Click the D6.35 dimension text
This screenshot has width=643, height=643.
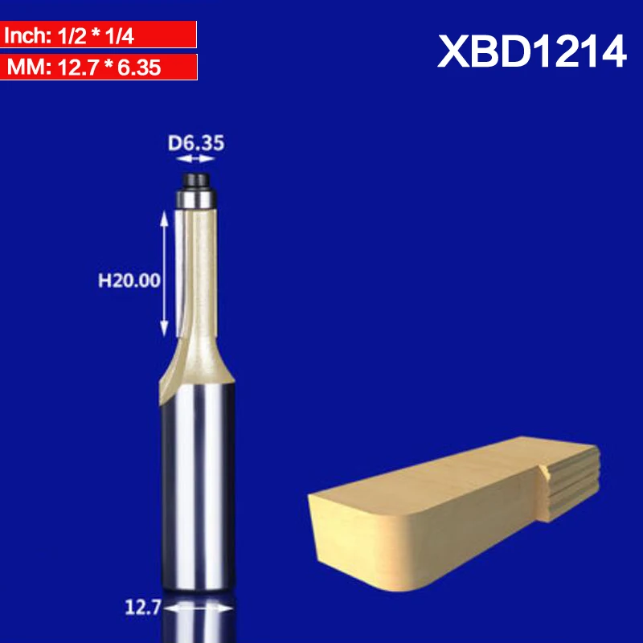tap(195, 144)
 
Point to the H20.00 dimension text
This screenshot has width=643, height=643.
tap(129, 281)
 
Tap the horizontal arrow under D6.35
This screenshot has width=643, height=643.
tap(195, 159)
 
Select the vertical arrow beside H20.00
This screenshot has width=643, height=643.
tap(166, 273)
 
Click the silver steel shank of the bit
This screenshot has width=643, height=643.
tap(196, 482)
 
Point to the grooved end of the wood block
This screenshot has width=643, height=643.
tap(571, 482)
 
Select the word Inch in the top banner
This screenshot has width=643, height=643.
tap(23, 36)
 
